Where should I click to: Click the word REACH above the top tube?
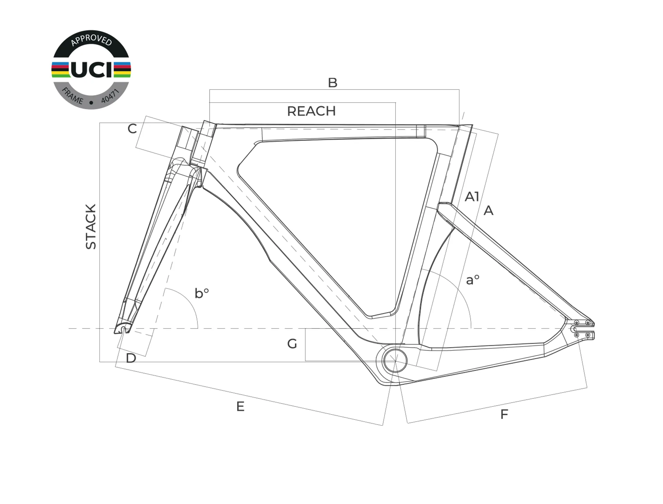click(311, 111)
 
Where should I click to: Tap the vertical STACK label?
click(91, 226)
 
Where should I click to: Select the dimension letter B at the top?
click(333, 83)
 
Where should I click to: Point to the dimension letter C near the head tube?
click(132, 129)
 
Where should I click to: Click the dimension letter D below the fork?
click(131, 358)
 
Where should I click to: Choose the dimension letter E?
click(240, 406)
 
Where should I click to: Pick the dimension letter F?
click(504, 414)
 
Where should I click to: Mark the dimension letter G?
click(292, 344)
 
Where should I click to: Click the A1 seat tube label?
click(472, 197)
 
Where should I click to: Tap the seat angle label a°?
click(473, 280)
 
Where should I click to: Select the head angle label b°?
click(202, 293)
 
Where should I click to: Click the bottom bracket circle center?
click(395, 360)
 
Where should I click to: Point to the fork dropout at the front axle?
click(123, 329)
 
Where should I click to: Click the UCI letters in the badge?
click(92, 69)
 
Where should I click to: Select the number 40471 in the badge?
click(110, 96)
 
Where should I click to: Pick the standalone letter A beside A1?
click(488, 211)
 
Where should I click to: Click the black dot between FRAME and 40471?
click(91, 103)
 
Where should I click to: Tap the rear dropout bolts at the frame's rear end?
click(582, 329)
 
